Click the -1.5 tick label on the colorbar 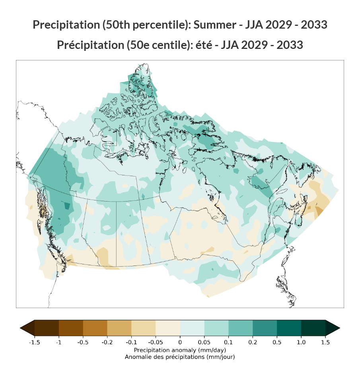[34, 342]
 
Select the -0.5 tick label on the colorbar [83, 342]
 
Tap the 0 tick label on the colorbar [180, 342]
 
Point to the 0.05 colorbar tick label [204, 342]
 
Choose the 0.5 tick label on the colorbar [277, 342]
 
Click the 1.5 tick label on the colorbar [325, 342]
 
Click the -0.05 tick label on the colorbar [156, 342]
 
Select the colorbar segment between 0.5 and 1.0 [289, 328]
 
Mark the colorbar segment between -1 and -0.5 [71, 328]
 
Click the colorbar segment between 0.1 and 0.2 [240, 328]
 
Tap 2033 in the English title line [314, 25]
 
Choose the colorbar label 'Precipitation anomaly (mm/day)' [180, 350]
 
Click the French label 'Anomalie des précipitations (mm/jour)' [180, 357]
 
